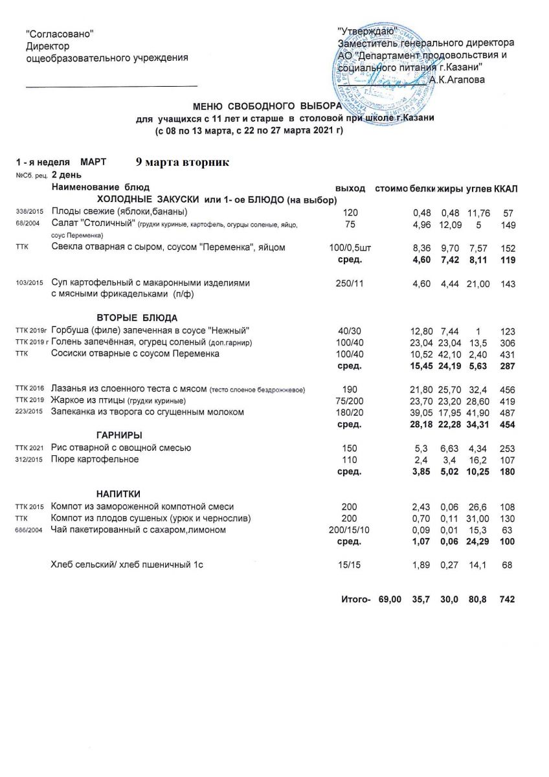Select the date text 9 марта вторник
pos(183,161)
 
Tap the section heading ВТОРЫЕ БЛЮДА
pos(137,317)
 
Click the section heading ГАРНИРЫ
pos(119,434)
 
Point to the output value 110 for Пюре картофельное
pos(349,459)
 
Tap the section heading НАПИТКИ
pos(118,494)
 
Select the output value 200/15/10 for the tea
pos(348,530)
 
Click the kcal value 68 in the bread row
pos(507,565)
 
